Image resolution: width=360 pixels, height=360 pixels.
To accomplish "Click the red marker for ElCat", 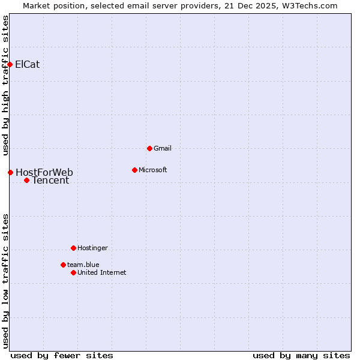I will [10, 64].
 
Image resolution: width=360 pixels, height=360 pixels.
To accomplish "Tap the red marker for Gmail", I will [149, 148].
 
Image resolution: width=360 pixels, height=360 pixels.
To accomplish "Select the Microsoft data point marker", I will [134, 170].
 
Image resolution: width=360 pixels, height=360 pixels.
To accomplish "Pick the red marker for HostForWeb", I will [10, 173].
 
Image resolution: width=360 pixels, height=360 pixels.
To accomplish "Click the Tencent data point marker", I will [26, 180].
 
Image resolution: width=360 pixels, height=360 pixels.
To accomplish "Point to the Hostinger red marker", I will [73, 248].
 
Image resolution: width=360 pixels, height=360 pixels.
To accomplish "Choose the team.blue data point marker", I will [63, 265].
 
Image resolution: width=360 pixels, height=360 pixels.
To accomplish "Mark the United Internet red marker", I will [73, 272].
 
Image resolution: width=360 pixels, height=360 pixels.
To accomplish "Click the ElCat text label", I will [28, 64].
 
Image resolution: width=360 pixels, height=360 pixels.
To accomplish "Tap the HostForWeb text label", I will [44, 173].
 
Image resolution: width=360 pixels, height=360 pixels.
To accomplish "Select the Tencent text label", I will [50, 180].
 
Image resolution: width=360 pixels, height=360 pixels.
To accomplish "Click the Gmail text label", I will [163, 148].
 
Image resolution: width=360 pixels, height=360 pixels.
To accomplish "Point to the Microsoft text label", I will [153, 170].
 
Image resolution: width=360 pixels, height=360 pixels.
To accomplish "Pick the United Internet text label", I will [102, 272].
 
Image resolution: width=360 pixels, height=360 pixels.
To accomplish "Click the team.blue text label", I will [83, 265].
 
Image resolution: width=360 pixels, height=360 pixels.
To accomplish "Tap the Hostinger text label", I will [92, 248].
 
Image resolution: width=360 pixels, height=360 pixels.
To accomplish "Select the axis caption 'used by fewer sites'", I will [62, 355].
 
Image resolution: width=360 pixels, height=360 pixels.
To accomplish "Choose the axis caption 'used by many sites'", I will [301, 355].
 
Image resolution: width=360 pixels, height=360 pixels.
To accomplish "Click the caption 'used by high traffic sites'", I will [5, 85].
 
